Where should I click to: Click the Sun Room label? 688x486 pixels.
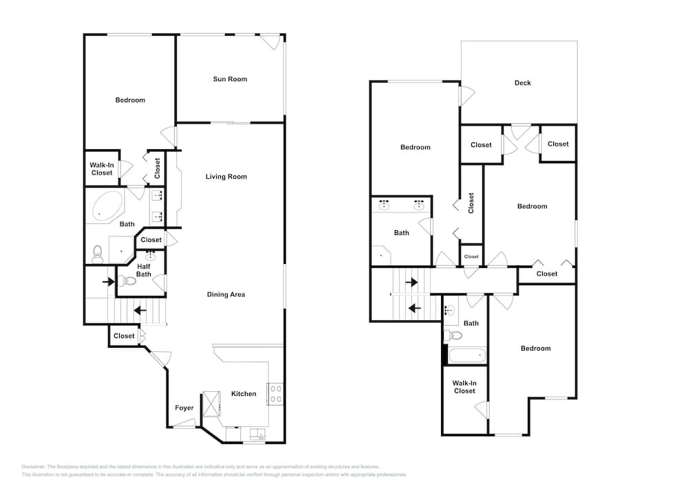(230, 79)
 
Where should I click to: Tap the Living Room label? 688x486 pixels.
(226, 177)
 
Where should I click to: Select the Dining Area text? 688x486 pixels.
(226, 294)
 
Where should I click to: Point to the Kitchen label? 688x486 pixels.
(244, 394)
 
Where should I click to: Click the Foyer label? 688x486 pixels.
(184, 408)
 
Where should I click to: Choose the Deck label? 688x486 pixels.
(523, 82)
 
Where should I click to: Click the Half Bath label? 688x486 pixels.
(144, 270)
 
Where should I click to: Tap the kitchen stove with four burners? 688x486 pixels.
(276, 394)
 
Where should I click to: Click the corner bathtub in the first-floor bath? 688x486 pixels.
(107, 206)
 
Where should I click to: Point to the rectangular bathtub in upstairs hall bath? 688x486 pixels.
(467, 355)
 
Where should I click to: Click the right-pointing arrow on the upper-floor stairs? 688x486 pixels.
(411, 283)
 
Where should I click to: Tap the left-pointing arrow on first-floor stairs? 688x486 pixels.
(140, 311)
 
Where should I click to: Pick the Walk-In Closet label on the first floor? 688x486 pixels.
(102, 169)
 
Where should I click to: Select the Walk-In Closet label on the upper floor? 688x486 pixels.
(464, 387)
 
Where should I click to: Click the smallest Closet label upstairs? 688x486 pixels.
(471, 257)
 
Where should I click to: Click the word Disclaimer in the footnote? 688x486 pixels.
(33, 467)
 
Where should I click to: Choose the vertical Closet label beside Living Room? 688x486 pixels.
(158, 168)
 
